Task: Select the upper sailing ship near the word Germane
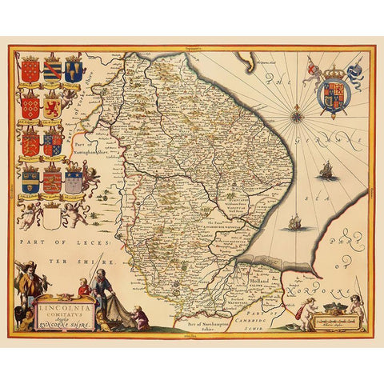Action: click(x=325, y=170)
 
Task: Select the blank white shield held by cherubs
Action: click(x=74, y=182)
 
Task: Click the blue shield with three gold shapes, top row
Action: click(x=75, y=72)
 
